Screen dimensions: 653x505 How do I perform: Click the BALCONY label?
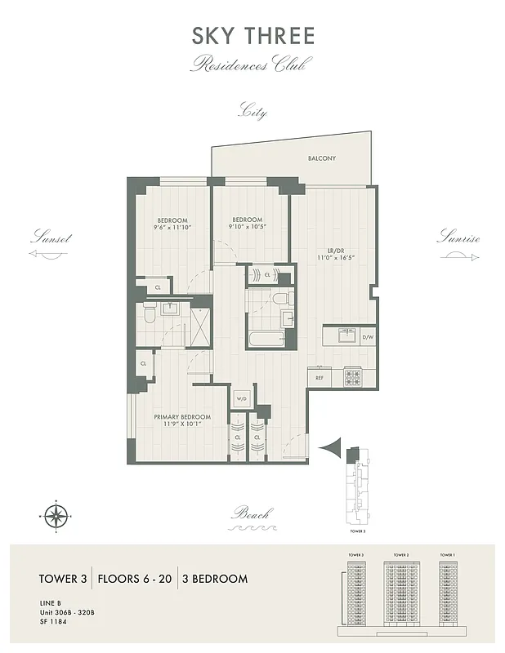point(322,158)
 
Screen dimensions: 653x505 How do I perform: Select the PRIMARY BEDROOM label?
point(182,417)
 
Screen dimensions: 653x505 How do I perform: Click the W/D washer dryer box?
point(242,399)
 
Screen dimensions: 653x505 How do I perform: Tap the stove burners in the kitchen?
point(352,377)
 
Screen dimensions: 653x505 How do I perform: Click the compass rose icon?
point(56,516)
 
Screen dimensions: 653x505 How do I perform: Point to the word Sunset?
point(51,239)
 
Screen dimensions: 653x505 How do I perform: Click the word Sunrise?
point(458,239)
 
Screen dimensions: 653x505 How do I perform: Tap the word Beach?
point(251,513)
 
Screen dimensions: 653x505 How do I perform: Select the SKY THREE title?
point(252,36)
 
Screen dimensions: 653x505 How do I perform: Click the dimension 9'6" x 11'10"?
point(172,229)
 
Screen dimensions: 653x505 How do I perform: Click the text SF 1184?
point(53,623)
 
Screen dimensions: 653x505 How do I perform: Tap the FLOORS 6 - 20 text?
point(135,579)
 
